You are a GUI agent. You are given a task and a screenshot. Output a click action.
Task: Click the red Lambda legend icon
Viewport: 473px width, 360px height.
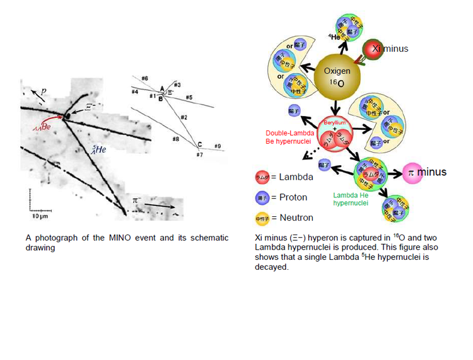coord(262,177)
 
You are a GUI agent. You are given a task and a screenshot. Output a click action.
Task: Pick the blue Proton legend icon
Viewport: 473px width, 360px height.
coord(262,197)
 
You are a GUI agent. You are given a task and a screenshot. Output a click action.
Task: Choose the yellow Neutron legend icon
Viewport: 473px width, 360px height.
coord(262,218)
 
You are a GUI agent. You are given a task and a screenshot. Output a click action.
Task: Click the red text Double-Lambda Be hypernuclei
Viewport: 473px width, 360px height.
coord(289,137)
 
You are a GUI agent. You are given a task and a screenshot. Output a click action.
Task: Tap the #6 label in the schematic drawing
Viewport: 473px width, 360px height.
coord(144,78)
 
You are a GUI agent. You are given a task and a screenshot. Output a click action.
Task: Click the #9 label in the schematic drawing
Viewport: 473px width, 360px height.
coord(217,146)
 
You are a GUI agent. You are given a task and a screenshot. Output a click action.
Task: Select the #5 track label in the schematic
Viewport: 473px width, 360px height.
coord(189,98)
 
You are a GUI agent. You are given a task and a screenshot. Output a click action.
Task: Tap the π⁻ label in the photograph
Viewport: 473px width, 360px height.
coord(136,200)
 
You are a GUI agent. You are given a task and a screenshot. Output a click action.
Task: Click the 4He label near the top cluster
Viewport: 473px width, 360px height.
coord(334,37)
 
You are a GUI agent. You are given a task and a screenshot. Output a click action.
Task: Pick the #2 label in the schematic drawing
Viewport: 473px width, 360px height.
coord(184,117)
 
